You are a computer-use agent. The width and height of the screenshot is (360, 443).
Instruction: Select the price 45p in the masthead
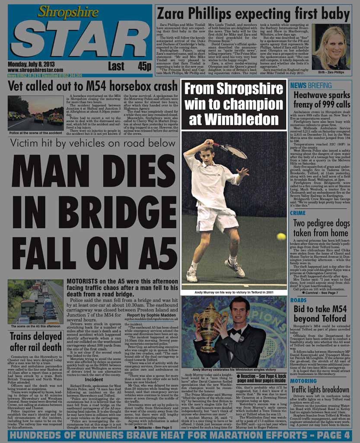pyautogui.click(x=144, y=66)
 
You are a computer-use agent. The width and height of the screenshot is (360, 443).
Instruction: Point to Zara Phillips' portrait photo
pyautogui.click(x=331, y=48)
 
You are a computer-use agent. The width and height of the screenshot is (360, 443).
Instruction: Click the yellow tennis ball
pyautogui.click(x=281, y=236)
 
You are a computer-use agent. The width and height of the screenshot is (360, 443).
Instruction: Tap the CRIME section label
pyautogui.click(x=298, y=213)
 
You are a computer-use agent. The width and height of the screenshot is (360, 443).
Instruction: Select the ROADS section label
pyautogui.click(x=299, y=300)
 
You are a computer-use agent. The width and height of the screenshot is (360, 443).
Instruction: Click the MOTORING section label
pyautogui.click(x=303, y=381)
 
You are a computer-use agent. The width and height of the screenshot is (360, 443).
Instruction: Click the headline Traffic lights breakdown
pyautogui.click(x=320, y=390)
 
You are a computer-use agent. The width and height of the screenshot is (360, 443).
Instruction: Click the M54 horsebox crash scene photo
pyautogui.click(x=36, y=112)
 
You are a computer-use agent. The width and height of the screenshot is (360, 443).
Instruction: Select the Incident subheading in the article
pyautogui.click(x=94, y=379)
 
